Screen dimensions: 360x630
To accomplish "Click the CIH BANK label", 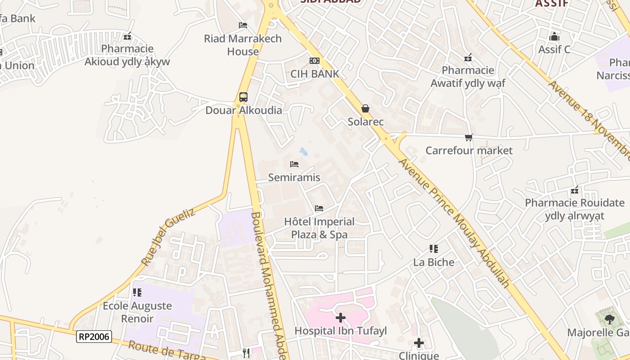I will [315, 74].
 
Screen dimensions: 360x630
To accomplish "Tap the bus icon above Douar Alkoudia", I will [243, 97].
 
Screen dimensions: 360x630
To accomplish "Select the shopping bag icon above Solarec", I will [365, 108].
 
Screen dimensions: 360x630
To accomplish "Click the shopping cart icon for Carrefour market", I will [469, 137].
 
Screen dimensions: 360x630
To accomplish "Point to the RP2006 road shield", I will [94, 336].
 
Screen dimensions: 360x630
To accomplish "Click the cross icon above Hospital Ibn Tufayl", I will [341, 318].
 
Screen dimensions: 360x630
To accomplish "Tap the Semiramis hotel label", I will [294, 177].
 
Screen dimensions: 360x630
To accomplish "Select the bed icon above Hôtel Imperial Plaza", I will [319, 208].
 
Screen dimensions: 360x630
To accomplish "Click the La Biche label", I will [434, 262].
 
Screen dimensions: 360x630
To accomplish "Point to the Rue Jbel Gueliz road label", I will [168, 237].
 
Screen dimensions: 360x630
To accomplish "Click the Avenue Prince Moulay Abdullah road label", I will [454, 223].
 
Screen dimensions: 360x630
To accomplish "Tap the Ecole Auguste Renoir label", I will [137, 312].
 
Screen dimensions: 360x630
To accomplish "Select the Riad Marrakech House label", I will [243, 45].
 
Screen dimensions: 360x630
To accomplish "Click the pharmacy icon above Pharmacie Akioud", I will [127, 36].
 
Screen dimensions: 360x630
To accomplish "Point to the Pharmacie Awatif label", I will [468, 76].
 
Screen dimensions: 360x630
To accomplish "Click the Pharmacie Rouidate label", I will [575, 209].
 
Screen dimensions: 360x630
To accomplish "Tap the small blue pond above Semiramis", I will [304, 152].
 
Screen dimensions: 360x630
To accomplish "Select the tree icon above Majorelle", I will [609, 319].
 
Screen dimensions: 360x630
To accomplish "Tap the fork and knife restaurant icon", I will [246, 353].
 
